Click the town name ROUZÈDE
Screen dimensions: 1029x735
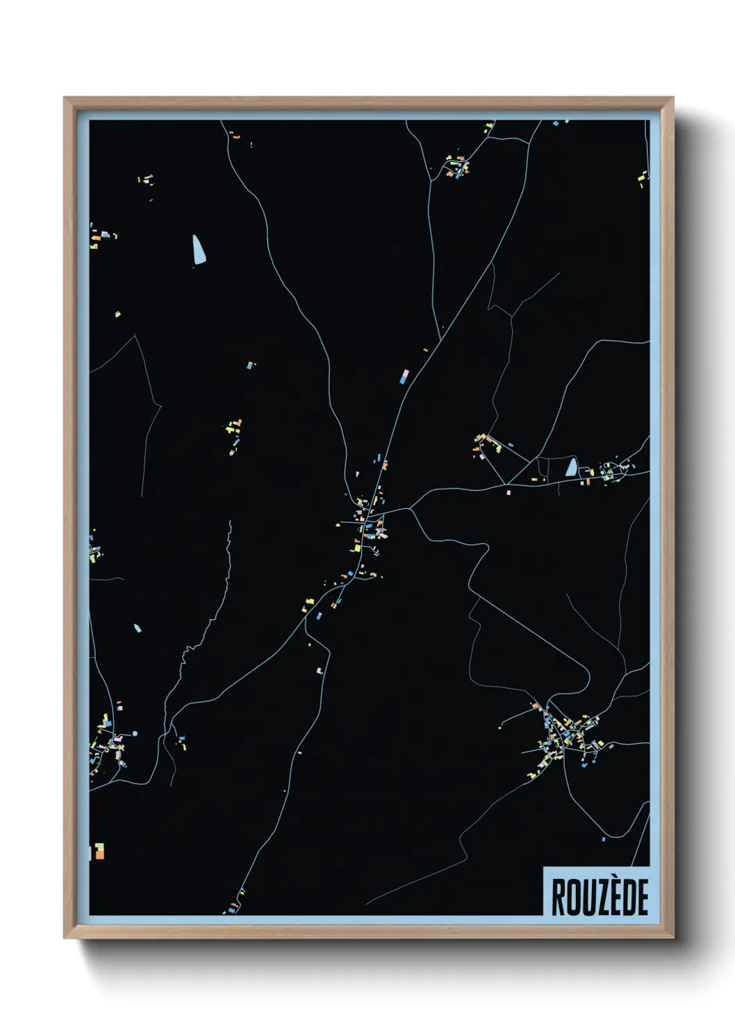600,897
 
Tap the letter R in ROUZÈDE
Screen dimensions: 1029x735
558,897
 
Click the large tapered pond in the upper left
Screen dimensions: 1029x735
199,250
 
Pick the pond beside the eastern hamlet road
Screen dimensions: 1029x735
571,467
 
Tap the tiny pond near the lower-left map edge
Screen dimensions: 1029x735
138,628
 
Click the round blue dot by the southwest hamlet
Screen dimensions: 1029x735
135,733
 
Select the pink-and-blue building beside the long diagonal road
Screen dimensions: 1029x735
404,377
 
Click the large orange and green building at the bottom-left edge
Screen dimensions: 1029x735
99,851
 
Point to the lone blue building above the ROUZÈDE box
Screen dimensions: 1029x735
603,840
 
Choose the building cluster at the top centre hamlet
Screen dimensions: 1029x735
457,167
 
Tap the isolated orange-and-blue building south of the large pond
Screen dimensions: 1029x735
251,364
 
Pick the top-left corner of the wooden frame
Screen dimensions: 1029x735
65,98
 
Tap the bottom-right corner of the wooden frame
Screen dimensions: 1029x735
672,937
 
